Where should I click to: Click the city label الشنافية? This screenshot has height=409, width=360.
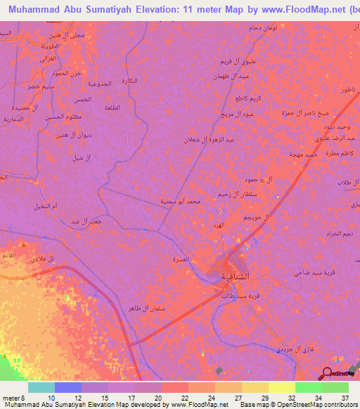pos(233,275)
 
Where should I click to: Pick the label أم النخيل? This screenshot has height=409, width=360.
pos(45,207)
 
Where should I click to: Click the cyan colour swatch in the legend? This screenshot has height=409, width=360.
pos(41,387)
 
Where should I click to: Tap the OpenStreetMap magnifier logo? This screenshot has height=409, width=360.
pos(326,372)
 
